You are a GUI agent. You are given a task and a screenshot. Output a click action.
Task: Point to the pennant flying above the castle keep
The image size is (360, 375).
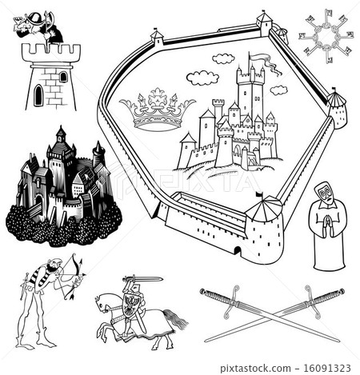(262, 58)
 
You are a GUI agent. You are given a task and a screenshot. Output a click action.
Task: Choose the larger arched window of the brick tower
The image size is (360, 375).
(38, 96)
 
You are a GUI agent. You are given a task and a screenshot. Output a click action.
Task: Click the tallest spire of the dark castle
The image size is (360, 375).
(60, 136)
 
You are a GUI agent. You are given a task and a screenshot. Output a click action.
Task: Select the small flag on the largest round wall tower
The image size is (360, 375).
(258, 194)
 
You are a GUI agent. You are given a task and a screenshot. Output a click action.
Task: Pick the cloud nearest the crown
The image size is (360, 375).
(202, 78)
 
